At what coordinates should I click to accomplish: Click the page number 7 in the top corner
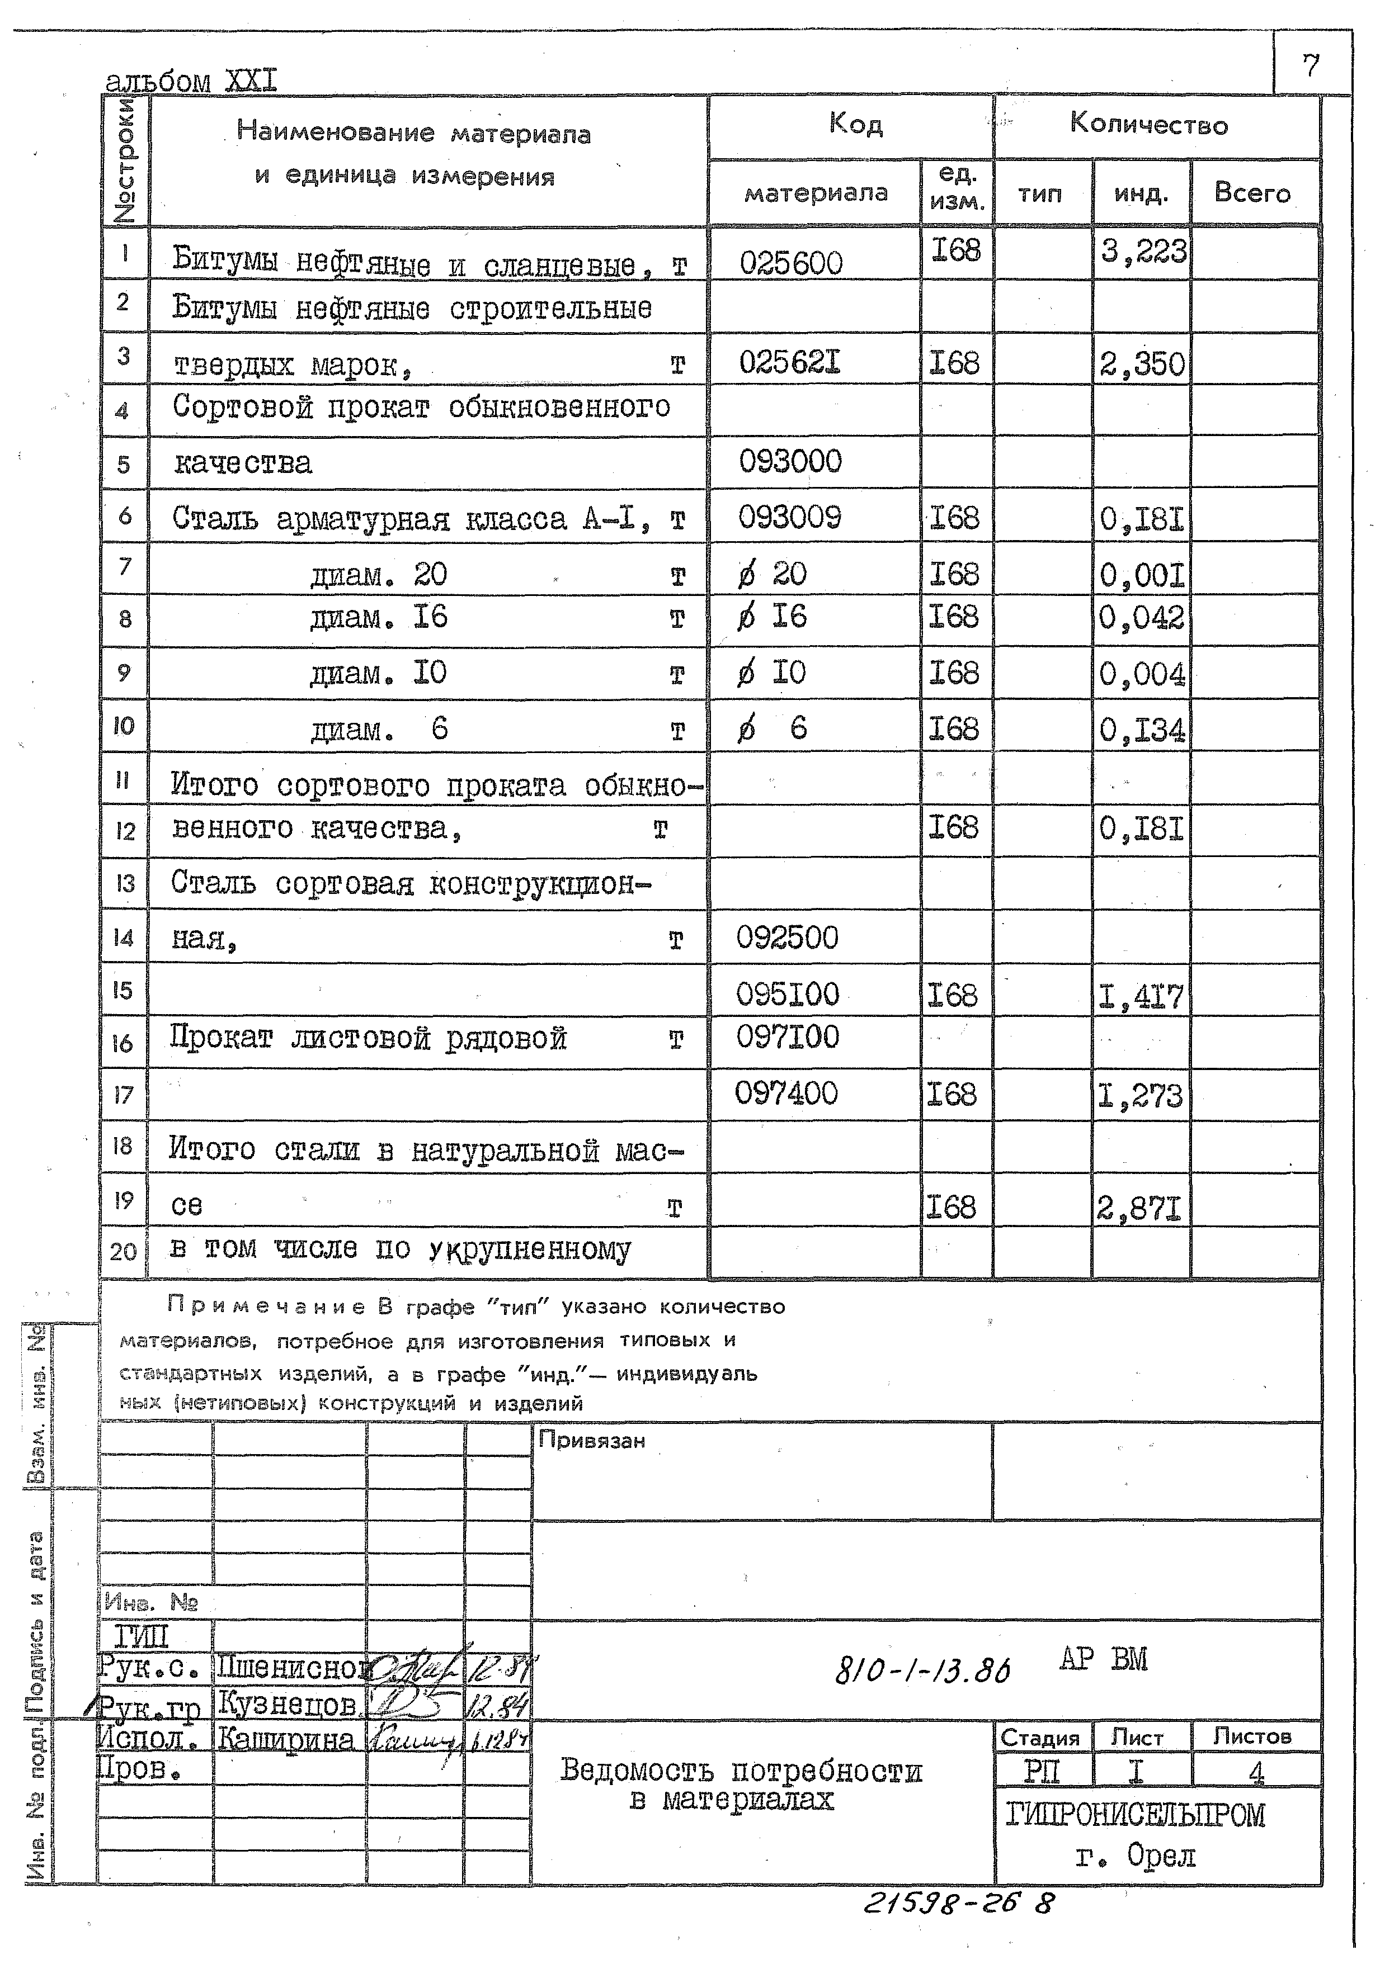1310,65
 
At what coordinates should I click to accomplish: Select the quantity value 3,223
1142,252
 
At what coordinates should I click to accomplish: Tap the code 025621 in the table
789,362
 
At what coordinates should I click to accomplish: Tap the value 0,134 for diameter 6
1142,731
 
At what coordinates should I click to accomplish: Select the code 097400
786,1094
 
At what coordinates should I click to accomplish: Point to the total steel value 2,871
1139,1210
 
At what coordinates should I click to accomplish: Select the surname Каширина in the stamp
285,1739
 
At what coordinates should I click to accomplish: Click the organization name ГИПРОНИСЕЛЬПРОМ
1134,1815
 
